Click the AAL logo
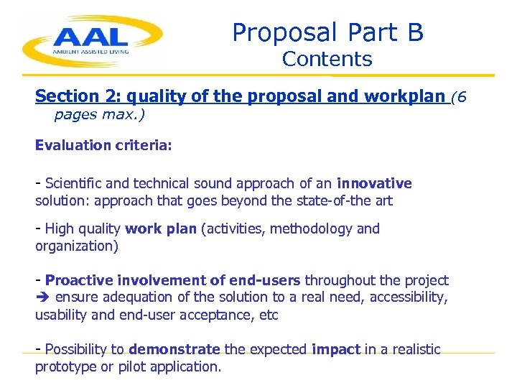(92, 41)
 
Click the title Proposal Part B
(327, 32)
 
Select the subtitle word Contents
(327, 60)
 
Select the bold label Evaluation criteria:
(103, 145)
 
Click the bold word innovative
(374, 183)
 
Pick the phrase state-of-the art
(348, 200)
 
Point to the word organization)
(77, 246)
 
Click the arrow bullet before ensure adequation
(42, 297)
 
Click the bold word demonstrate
(174, 349)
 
